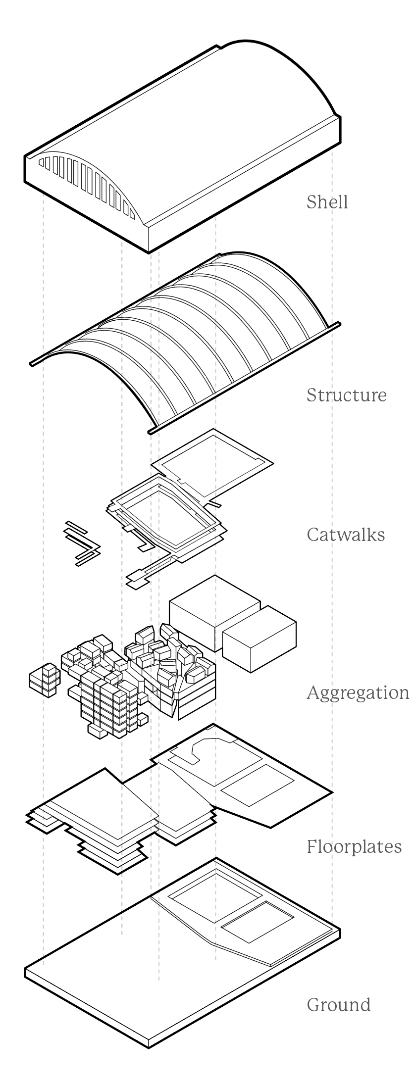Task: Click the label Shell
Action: click(327, 202)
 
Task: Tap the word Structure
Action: click(346, 395)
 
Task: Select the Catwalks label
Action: click(346, 535)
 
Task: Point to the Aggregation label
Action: click(358, 692)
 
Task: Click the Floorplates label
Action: click(354, 846)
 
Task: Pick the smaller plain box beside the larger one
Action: click(259, 639)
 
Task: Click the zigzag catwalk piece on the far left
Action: click(82, 543)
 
